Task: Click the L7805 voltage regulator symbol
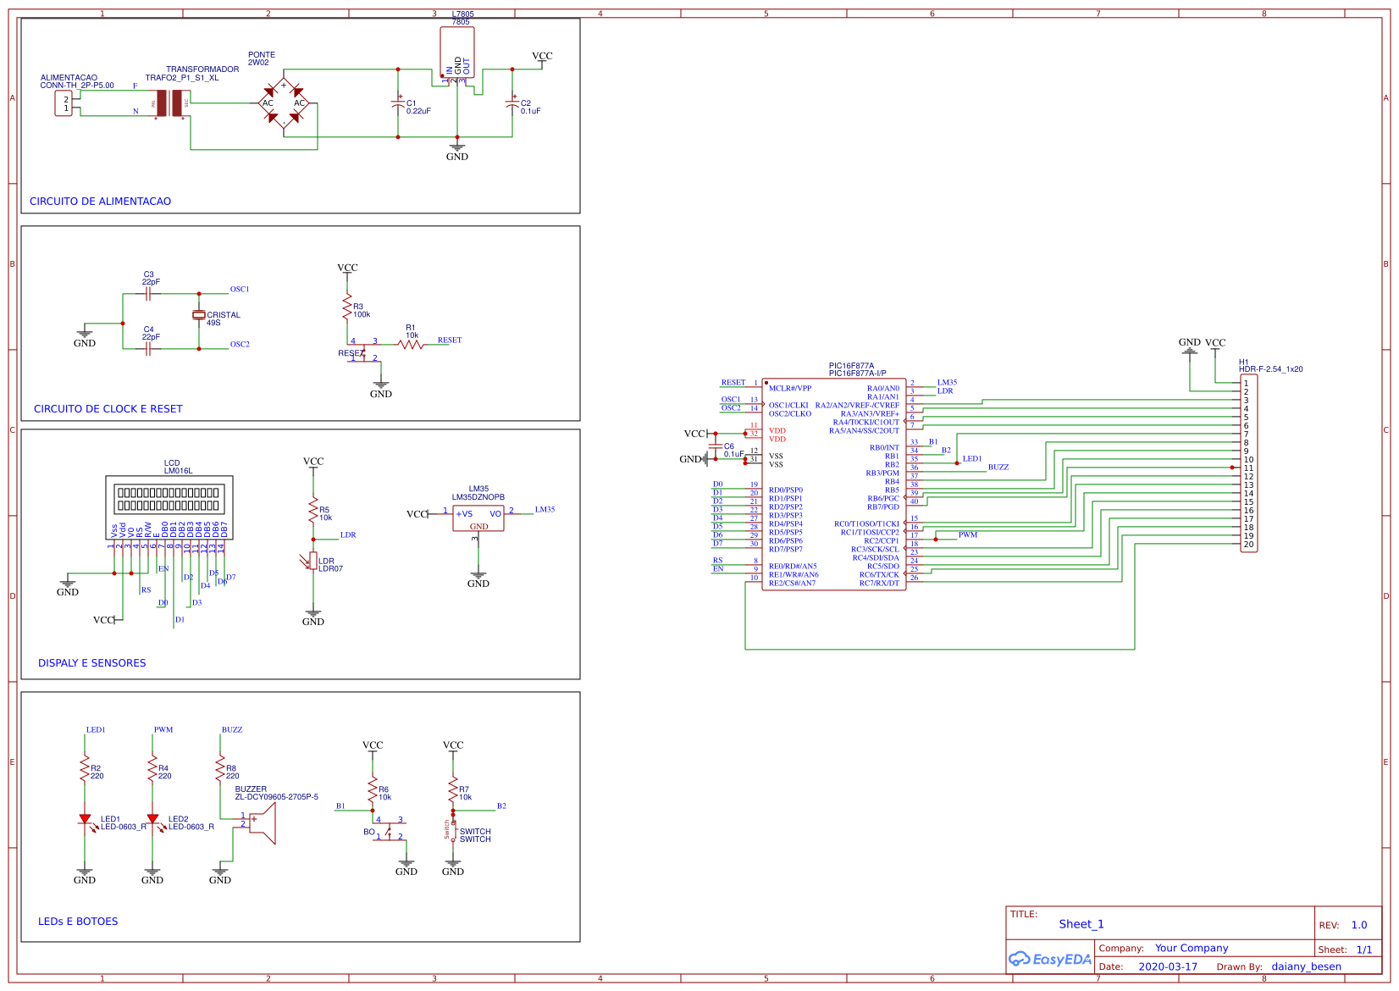point(457,53)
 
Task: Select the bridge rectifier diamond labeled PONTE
point(284,102)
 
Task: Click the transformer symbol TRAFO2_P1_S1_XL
point(169,103)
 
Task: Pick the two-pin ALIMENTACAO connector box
point(64,103)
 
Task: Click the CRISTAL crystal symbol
point(199,315)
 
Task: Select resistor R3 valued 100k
point(347,307)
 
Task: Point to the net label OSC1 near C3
point(240,290)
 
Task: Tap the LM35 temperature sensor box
point(478,518)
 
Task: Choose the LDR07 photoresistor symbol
point(313,561)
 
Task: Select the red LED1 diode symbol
point(85,819)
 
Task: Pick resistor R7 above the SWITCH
point(453,789)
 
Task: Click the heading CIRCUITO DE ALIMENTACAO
point(100,202)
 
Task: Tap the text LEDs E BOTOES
point(78,922)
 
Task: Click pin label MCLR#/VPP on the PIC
point(789,389)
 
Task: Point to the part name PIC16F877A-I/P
point(857,374)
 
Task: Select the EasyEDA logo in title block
point(1049,960)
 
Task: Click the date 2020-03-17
point(1168,967)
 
